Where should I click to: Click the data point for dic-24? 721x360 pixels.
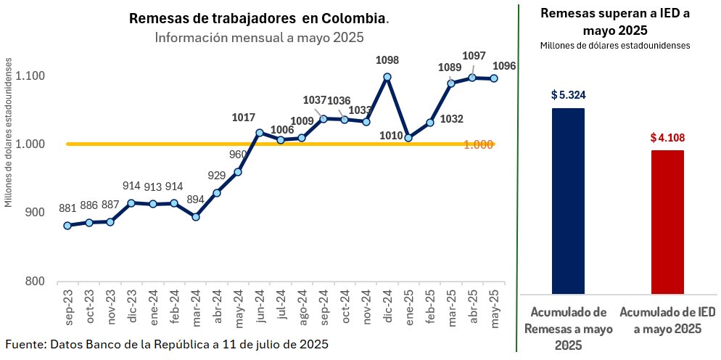coord(387,76)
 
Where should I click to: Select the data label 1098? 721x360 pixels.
coord(387,60)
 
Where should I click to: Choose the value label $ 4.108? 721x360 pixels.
coord(667,137)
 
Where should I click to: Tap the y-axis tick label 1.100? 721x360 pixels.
coord(30,76)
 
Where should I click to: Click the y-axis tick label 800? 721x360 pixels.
coord(35,282)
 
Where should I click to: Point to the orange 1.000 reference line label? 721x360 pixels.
coord(479,144)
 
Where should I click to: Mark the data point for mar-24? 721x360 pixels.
coord(195,216)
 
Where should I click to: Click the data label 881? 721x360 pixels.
coord(67,209)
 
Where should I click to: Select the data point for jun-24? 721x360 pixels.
coord(259,133)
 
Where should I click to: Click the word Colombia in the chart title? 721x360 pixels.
coord(355,17)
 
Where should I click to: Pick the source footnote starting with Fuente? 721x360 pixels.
coord(167,343)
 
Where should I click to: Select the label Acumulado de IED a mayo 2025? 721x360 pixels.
coord(667,320)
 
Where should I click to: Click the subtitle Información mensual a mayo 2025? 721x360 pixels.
coord(259,36)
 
